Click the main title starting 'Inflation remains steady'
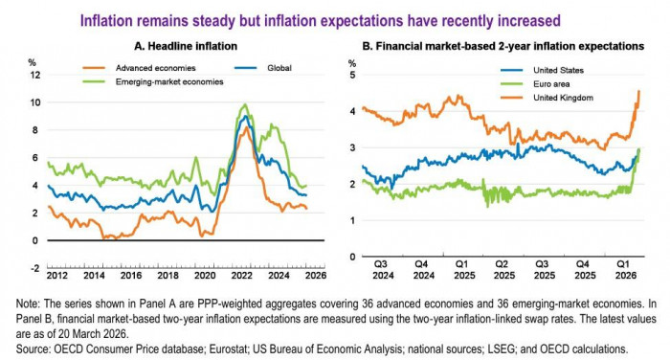pos(334,18)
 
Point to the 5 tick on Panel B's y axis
pos(352,75)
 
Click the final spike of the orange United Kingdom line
pos(638,91)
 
